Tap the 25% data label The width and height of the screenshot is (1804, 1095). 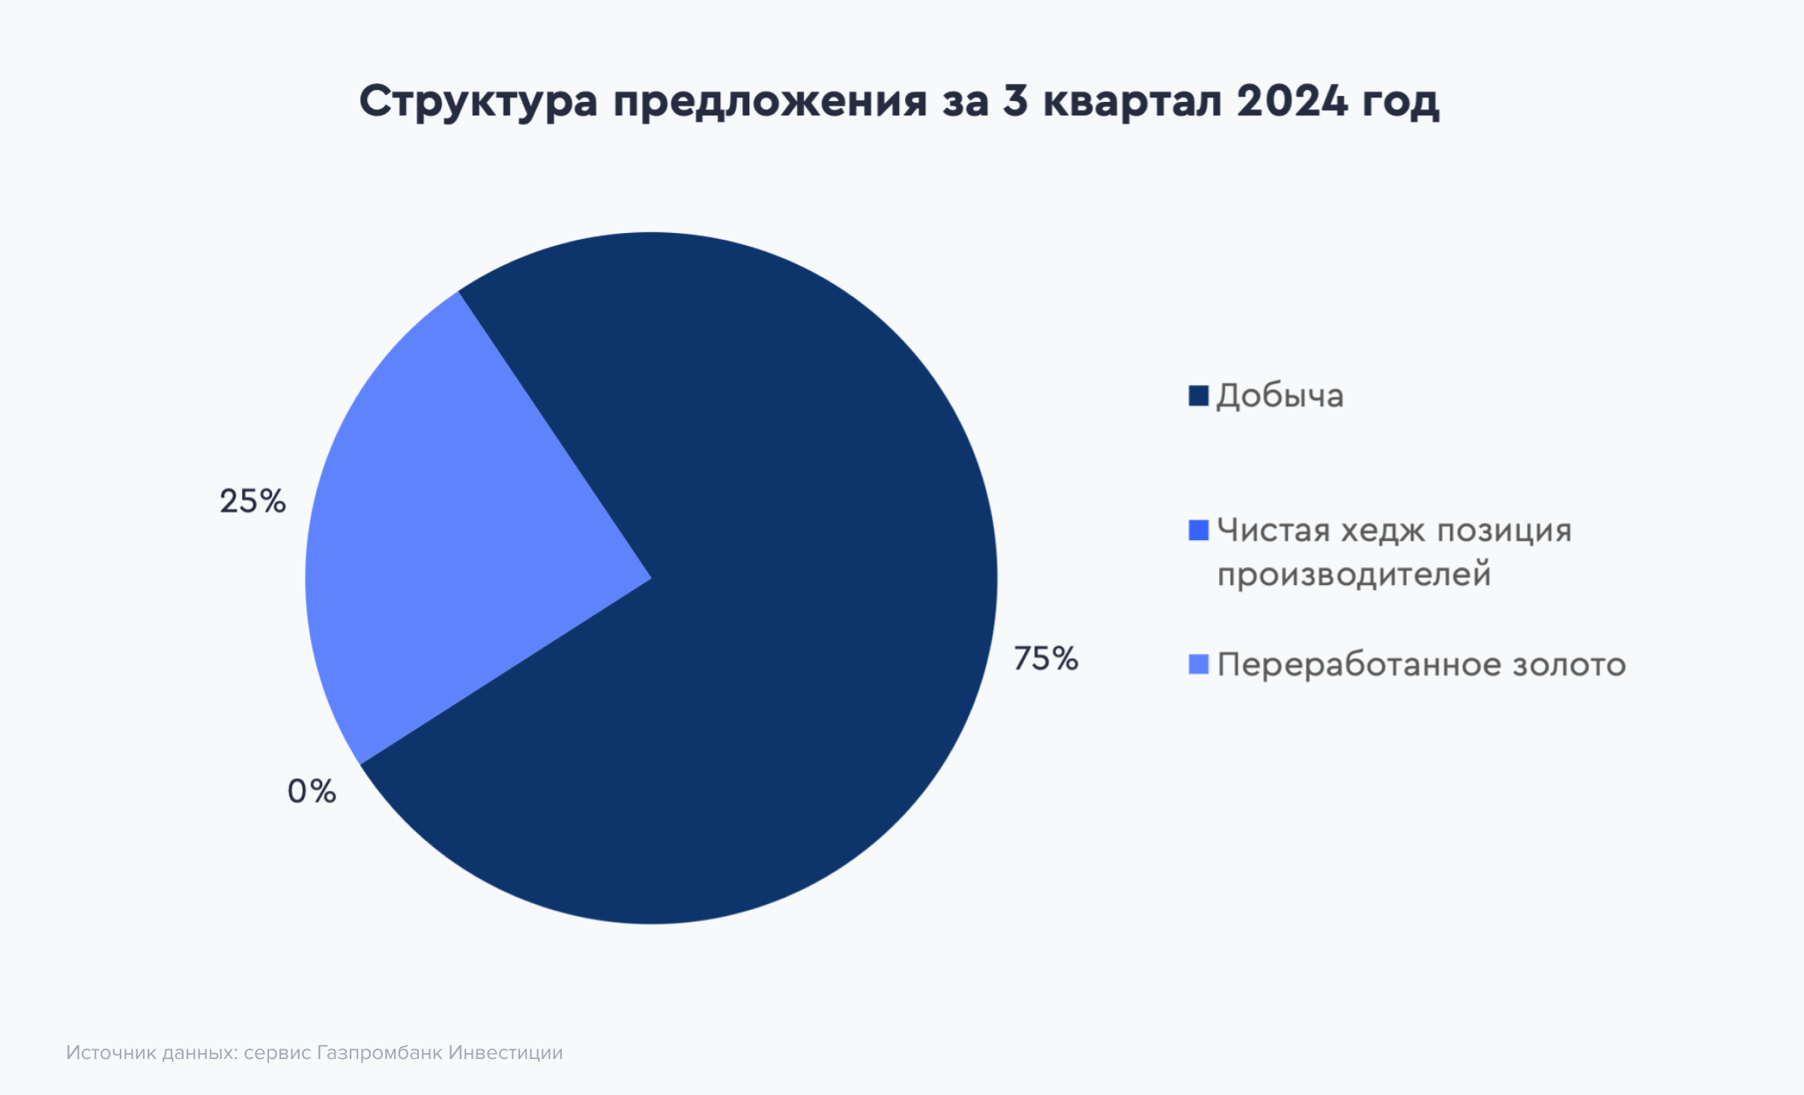click(x=252, y=501)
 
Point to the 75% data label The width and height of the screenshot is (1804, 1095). click(x=1046, y=659)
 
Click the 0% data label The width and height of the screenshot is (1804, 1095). click(x=312, y=791)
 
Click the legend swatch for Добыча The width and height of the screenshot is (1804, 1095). click(x=1199, y=396)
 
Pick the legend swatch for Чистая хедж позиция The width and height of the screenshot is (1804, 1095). click(x=1199, y=530)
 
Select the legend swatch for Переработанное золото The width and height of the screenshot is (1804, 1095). click(x=1199, y=664)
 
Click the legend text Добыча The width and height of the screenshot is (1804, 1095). click(x=1280, y=395)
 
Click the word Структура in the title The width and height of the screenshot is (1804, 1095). click(x=478, y=101)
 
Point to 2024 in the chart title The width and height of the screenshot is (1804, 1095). click(x=1292, y=100)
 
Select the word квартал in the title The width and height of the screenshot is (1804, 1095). click(x=1133, y=102)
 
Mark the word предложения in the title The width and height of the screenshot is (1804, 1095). click(x=770, y=102)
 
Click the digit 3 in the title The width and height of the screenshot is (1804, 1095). click(x=1015, y=100)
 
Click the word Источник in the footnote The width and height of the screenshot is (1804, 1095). click(x=111, y=1053)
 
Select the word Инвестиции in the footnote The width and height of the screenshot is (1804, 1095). click(x=506, y=1053)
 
